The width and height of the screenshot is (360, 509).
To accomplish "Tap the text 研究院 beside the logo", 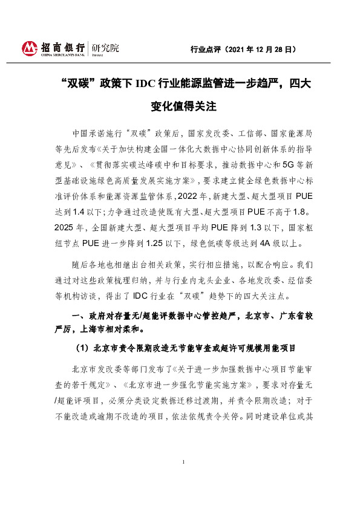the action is (105, 47).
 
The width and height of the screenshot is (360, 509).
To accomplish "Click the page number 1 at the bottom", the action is (183, 479).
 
